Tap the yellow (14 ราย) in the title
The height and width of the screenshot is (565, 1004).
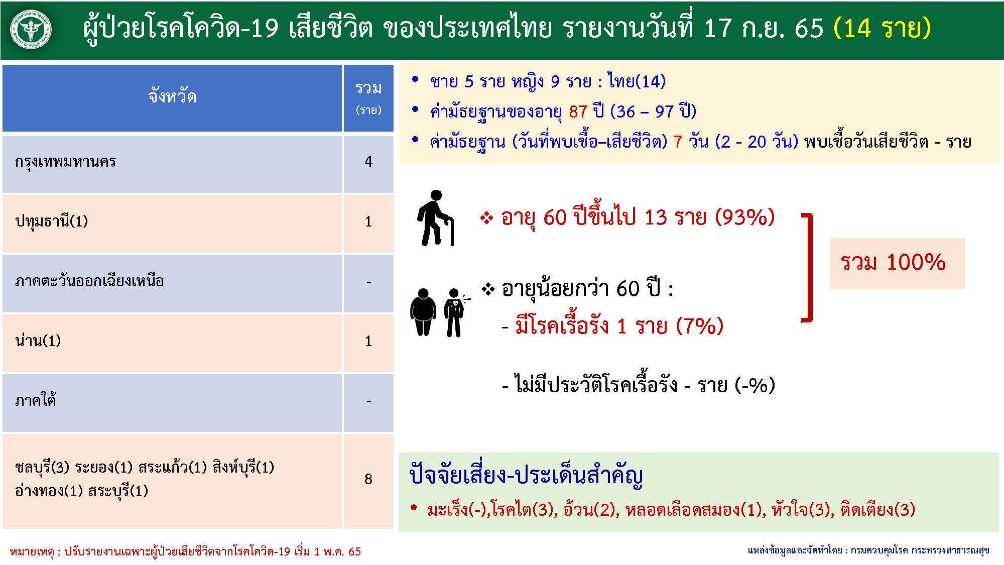[882, 28]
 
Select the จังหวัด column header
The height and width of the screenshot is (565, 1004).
[172, 96]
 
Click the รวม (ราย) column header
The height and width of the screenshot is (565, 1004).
[368, 98]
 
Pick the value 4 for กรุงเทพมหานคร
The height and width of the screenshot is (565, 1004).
[368, 161]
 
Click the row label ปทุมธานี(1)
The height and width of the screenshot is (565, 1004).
[52, 221]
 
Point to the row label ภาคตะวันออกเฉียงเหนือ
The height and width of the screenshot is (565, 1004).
[89, 281]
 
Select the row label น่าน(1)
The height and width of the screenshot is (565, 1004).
[38, 341]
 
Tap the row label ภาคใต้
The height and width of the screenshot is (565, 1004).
[36, 400]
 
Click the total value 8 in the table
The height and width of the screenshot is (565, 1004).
[368, 479]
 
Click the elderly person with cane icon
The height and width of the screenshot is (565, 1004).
[435, 218]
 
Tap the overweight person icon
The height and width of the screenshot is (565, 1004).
[423, 312]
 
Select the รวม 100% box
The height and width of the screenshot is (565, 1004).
[897, 263]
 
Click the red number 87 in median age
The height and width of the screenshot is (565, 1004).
[578, 111]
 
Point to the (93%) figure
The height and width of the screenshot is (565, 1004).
[745, 217]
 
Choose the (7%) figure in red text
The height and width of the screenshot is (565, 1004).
[700, 326]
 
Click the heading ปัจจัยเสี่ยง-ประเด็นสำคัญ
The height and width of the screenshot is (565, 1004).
[526, 475]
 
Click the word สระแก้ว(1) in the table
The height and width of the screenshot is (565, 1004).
[173, 467]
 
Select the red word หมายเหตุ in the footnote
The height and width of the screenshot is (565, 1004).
[32, 551]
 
